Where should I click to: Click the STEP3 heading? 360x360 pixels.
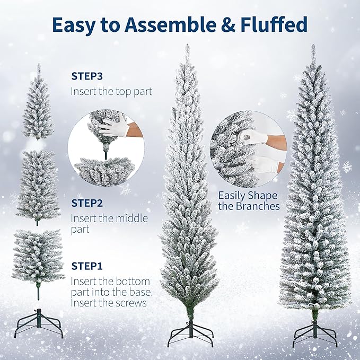(87, 76)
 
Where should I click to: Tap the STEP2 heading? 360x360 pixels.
(87, 203)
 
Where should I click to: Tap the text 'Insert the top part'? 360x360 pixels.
(111, 91)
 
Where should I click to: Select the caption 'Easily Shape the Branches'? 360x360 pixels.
(249, 200)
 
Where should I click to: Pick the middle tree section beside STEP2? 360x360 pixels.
(38, 186)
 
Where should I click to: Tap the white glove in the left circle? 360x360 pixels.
(113, 127)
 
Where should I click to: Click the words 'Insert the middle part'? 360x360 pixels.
(109, 224)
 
